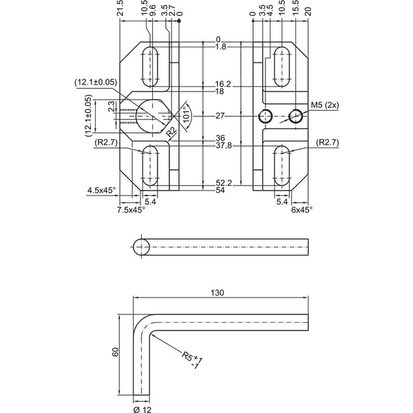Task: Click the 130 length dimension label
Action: tap(218, 293)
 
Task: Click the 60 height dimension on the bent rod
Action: tap(116, 352)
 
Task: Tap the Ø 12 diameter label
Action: tap(142, 410)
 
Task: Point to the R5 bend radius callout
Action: tap(192, 360)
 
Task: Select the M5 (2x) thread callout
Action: tap(325, 105)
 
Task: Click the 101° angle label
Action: tap(187, 115)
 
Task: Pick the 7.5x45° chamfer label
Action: tap(131, 210)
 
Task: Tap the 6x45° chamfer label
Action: tap(302, 210)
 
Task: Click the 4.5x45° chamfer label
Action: tap(101, 190)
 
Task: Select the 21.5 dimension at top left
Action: tap(120, 8)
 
